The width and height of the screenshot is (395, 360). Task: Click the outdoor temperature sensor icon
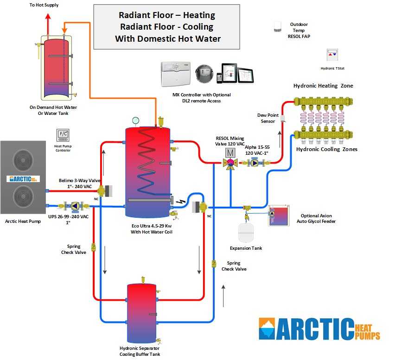pyautogui.click(x=278, y=27)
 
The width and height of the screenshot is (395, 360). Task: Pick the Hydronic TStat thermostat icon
pyautogui.click(x=332, y=54)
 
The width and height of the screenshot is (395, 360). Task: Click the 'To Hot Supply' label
pyautogui.click(x=44, y=5)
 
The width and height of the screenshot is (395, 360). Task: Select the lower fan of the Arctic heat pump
pyautogui.click(x=23, y=196)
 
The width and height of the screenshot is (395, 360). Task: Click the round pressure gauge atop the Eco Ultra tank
pyautogui.click(x=135, y=120)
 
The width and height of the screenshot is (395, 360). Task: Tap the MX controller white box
pyautogui.click(x=176, y=74)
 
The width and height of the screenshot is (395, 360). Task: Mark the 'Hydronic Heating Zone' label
pyautogui.click(x=323, y=86)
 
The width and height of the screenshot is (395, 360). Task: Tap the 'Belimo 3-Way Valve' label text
pyautogui.click(x=77, y=181)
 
